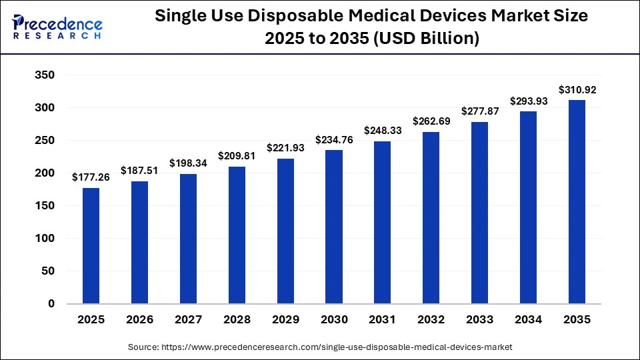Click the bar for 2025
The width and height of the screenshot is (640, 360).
point(91,245)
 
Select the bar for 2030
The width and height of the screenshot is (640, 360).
point(334,227)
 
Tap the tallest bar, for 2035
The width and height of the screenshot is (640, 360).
point(577,202)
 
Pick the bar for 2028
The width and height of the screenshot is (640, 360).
point(237,235)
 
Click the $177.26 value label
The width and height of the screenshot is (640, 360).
point(91,177)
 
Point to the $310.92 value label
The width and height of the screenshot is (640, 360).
point(577,89)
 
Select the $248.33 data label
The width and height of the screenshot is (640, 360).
point(383,131)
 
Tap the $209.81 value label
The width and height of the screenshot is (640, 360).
point(237,156)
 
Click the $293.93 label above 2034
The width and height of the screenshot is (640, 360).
point(529,101)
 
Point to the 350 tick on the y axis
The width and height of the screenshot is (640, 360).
point(45,75)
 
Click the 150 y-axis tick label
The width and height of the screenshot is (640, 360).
point(45,206)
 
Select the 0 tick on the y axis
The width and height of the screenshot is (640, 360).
point(51,304)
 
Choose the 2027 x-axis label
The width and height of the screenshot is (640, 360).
point(188,320)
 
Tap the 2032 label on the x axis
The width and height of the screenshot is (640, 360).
point(431,320)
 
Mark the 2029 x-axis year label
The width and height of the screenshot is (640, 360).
point(285,320)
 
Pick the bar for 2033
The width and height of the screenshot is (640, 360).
point(480,213)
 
